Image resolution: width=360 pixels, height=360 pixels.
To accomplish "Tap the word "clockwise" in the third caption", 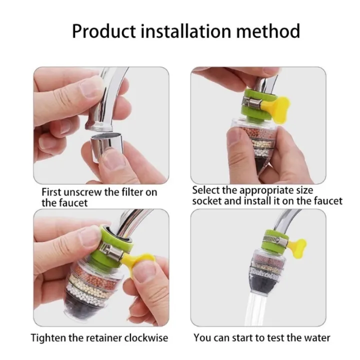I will [x=148, y=337].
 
